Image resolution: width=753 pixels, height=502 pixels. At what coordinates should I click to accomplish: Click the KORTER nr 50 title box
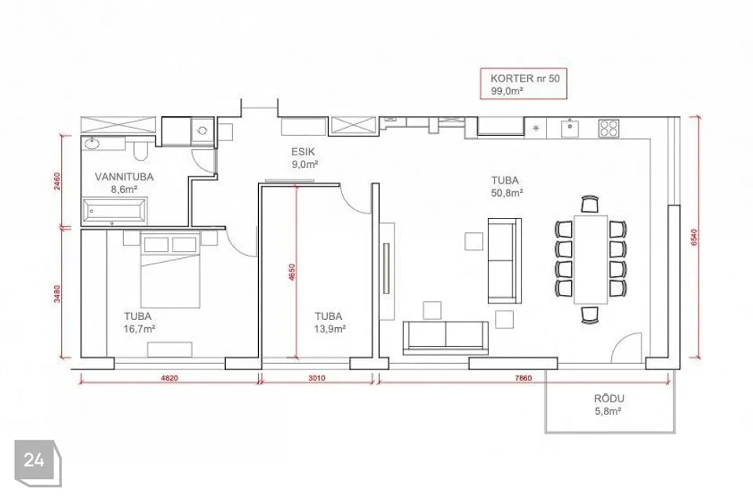(523, 84)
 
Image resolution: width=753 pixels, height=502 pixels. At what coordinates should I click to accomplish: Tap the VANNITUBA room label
(124, 176)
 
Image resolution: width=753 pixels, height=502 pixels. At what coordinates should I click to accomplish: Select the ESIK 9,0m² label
(304, 158)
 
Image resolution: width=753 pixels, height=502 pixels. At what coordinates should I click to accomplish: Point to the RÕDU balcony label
(609, 398)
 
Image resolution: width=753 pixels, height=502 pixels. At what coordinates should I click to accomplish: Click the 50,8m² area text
(507, 193)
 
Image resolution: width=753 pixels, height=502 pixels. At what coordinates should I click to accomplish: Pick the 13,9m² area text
(329, 329)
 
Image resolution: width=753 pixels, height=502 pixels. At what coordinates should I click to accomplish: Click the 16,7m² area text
(140, 329)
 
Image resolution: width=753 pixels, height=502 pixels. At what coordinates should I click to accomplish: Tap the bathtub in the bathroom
(115, 210)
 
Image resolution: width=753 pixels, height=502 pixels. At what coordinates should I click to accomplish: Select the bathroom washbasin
(91, 144)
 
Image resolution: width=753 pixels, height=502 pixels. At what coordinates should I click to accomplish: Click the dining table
(591, 260)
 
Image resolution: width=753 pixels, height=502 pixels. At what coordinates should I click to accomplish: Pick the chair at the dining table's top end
(590, 204)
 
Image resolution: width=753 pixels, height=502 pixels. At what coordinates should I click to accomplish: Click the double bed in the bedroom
(170, 270)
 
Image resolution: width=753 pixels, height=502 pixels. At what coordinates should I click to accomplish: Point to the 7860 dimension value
(523, 378)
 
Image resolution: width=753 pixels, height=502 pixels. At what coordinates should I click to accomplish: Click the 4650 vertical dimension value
(292, 272)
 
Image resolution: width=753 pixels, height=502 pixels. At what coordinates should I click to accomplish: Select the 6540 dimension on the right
(694, 238)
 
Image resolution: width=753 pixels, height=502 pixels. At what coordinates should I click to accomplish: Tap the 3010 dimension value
(316, 378)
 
